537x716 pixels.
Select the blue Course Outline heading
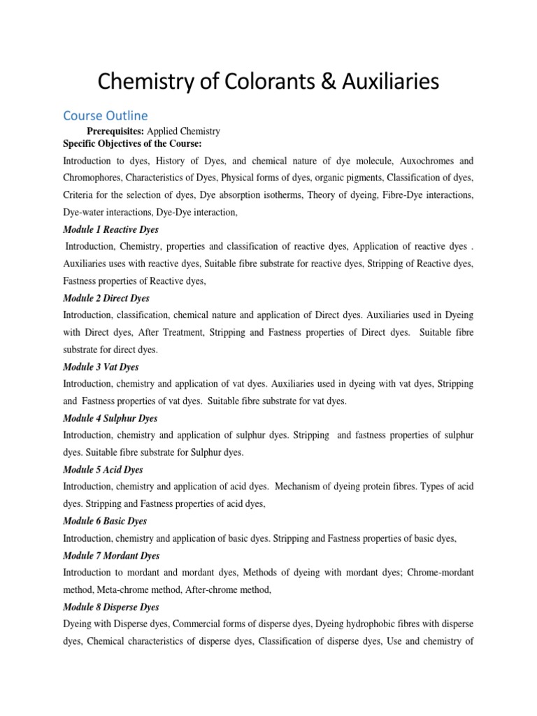click(x=105, y=115)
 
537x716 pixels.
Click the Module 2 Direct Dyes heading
click(x=106, y=298)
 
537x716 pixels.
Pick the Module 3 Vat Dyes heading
click(x=101, y=366)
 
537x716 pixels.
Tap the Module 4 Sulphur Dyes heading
click(x=110, y=418)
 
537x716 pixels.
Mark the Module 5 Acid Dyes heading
click(x=103, y=470)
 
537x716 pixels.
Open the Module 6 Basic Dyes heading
click(x=105, y=522)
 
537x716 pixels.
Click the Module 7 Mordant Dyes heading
click(x=111, y=556)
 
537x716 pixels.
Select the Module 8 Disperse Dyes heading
click(x=111, y=607)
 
